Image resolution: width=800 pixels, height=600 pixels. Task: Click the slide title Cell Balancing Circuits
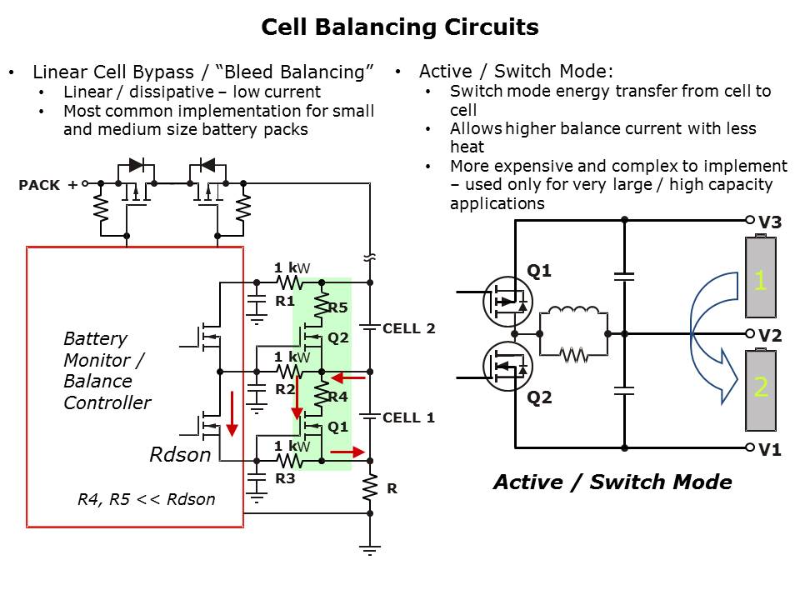coord(400,27)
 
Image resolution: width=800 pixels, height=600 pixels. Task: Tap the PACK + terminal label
coord(47,185)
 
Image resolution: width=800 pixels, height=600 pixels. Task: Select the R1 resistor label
coord(285,301)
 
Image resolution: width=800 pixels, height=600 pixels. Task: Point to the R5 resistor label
coord(337,308)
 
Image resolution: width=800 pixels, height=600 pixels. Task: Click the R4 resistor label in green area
coord(337,397)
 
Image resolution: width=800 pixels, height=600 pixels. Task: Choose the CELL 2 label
coord(408,328)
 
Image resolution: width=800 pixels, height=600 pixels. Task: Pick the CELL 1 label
coord(408,417)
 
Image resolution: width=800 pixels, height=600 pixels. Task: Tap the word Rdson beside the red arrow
coord(180,455)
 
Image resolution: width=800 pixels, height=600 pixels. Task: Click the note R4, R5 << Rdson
coord(146,499)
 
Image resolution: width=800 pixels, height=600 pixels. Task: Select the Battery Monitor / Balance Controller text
coord(107,371)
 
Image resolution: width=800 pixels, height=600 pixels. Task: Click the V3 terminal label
coord(769,222)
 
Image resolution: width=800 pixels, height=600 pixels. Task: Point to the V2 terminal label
coord(769,336)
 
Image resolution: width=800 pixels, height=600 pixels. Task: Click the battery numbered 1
coord(760,279)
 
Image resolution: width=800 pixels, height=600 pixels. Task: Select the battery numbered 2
coord(760,389)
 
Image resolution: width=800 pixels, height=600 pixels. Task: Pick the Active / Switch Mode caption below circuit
coord(612,482)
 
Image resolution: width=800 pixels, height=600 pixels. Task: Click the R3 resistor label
coord(285,479)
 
